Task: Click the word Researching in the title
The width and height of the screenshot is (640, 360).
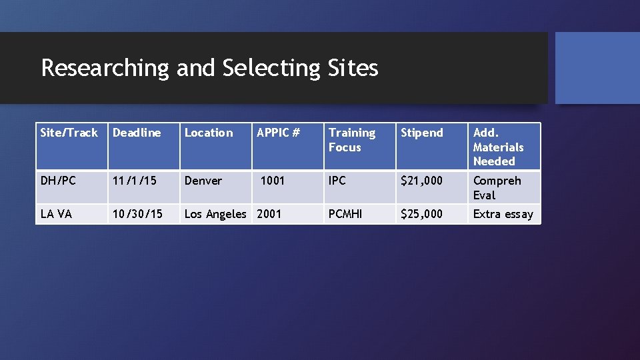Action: coord(105,68)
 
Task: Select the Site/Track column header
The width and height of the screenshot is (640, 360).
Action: coord(69,133)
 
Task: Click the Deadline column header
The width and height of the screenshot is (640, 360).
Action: coord(137,133)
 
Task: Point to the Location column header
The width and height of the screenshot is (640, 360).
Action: coord(209,133)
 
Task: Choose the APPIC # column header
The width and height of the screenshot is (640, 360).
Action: coord(279,133)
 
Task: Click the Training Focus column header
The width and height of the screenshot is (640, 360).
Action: coord(352,140)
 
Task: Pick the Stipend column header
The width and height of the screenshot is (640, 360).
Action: coord(421,133)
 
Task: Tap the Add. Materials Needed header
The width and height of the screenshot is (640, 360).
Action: coord(498,147)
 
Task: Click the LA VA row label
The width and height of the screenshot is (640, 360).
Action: coord(56,214)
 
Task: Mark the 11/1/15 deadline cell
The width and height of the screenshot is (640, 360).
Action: coord(133,181)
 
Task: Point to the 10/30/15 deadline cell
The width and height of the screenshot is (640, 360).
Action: coord(137,214)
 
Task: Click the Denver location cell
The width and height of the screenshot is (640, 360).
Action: coord(203,181)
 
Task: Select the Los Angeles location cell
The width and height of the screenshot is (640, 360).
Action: coord(215,214)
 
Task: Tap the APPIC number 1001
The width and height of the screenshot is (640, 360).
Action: coord(272,181)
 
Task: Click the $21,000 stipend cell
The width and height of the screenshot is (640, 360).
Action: coord(421,181)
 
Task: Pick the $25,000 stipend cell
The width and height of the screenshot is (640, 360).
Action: coord(421,214)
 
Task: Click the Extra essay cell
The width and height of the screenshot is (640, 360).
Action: coord(503,214)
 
